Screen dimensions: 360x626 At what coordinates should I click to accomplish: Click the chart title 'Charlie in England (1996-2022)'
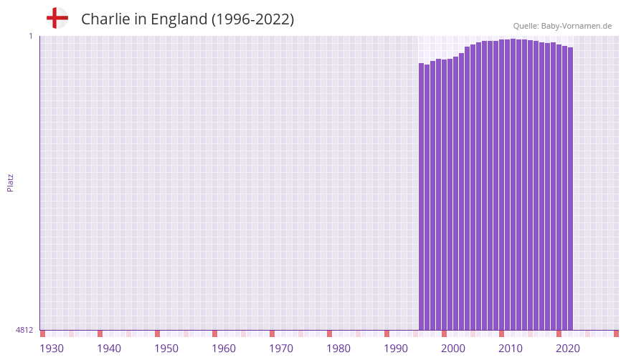[x=187, y=19]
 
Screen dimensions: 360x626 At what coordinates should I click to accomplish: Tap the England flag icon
[x=57, y=18]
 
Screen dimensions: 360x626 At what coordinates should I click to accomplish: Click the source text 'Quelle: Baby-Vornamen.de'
[x=562, y=26]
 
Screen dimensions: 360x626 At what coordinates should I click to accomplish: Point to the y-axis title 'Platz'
[x=10, y=182]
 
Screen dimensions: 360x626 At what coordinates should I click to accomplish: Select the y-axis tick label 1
[x=30, y=36]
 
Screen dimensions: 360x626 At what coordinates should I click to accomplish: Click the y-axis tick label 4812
[x=24, y=330]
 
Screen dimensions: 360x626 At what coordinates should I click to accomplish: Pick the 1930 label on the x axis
[x=52, y=349]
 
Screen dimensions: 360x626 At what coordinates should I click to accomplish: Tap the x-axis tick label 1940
[x=109, y=349]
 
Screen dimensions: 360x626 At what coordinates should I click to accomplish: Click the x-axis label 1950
[x=166, y=349]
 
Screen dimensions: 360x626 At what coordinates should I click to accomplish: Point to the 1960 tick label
[x=224, y=349]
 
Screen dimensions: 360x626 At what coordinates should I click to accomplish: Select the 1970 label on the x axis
[x=281, y=349]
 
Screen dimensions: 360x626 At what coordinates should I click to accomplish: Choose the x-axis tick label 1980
[x=338, y=349]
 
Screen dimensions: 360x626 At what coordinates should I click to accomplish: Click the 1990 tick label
[x=396, y=349]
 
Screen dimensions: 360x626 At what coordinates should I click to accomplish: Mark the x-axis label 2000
[x=453, y=349]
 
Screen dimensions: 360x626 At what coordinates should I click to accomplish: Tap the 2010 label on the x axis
[x=511, y=349]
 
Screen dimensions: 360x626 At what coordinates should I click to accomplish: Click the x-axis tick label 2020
[x=568, y=349]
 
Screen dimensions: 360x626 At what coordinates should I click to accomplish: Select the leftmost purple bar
[x=422, y=196]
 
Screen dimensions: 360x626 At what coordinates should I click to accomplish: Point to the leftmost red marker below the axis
[x=43, y=333]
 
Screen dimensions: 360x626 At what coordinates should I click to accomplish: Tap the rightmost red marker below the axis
[x=616, y=333]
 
